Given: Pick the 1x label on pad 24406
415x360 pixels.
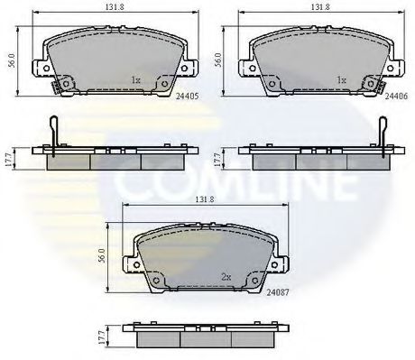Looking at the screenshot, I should (341, 80).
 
